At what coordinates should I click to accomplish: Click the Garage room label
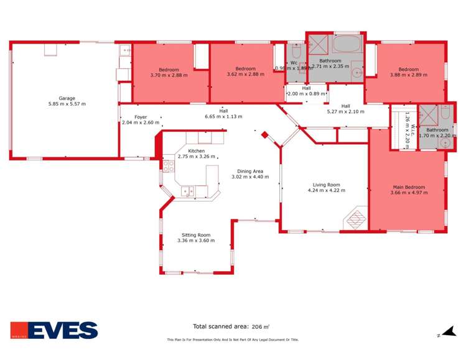point(67,98)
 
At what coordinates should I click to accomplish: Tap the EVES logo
point(54,330)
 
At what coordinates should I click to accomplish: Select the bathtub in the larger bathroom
point(346,45)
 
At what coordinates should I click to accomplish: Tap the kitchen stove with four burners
point(168,166)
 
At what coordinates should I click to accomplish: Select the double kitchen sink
point(188,191)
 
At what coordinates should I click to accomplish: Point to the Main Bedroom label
point(408,187)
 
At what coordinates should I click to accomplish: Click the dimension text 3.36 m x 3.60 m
point(196,241)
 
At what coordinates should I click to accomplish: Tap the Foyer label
point(141,116)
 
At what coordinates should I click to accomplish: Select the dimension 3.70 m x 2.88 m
point(169,75)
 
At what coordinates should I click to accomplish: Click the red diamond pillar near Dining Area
point(264,134)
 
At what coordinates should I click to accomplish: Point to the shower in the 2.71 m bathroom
point(319,44)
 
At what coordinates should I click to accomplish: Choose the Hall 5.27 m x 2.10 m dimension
point(346,112)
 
